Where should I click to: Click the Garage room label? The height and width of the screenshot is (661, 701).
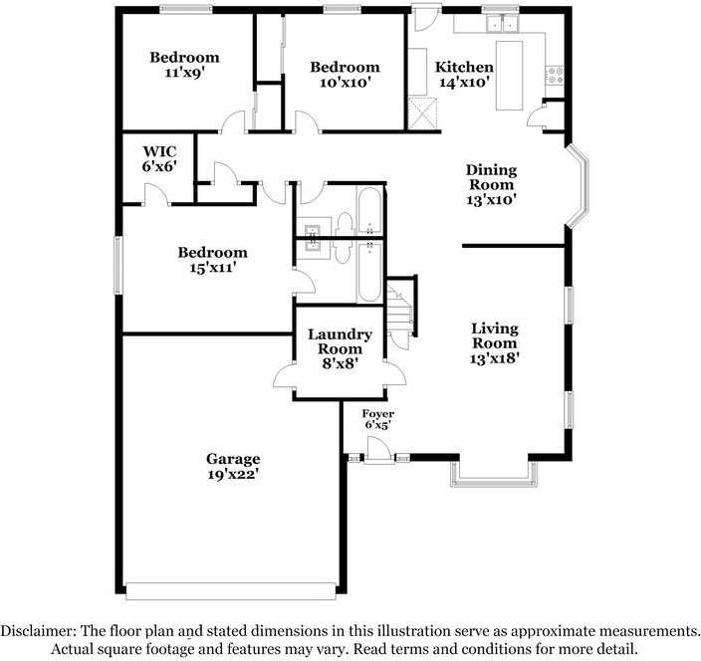click(x=233, y=459)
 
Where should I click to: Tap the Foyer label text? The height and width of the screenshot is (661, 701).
click(x=377, y=414)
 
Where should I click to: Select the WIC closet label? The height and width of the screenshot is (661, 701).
click(x=159, y=151)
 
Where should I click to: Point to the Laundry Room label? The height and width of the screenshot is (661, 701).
click(x=340, y=335)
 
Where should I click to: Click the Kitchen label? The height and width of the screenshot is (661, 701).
click(x=464, y=67)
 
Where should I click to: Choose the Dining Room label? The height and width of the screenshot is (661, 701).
click(x=491, y=169)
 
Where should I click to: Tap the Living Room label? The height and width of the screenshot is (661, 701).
click(x=494, y=329)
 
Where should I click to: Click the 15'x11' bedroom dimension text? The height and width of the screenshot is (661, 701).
click(x=212, y=267)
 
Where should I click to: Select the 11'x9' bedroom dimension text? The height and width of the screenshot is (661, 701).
click(x=184, y=73)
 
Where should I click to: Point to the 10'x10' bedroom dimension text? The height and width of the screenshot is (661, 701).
click(x=345, y=83)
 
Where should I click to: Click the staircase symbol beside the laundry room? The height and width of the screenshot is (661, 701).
click(x=400, y=310)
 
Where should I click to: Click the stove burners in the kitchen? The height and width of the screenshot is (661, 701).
click(x=555, y=73)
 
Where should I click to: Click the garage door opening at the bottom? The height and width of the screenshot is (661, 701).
click(x=232, y=590)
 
